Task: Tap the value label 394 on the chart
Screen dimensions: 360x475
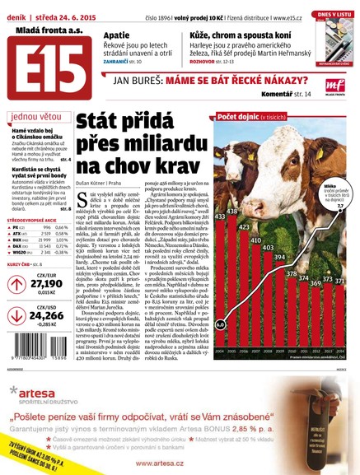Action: tap(279, 257)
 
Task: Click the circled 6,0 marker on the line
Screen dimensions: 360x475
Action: tap(220, 347)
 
